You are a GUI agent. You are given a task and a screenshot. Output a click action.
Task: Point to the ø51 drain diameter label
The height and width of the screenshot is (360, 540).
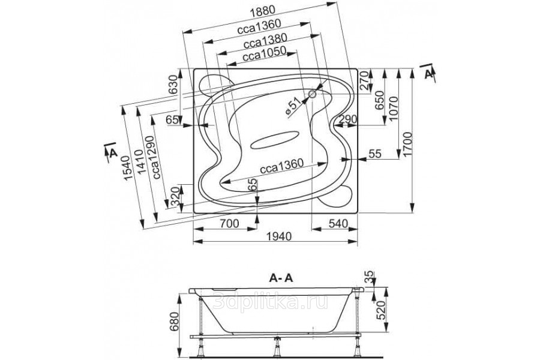(x=292, y=106)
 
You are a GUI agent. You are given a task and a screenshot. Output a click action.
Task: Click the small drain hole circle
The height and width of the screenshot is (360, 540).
(x=313, y=94)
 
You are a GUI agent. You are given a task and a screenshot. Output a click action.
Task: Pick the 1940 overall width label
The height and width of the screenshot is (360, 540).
(x=278, y=236)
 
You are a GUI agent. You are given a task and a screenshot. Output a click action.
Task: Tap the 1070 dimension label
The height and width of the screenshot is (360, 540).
(x=394, y=108)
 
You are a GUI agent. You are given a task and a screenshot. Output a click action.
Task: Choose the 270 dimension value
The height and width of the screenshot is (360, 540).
(x=364, y=82)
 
